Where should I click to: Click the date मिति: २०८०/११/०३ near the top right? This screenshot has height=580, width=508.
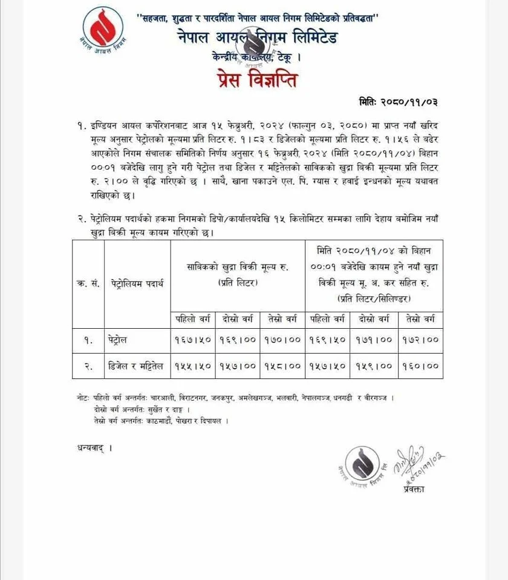point(402,102)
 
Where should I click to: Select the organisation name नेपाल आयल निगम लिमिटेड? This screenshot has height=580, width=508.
point(256,38)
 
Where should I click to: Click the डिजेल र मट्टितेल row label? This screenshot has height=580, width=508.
point(137,366)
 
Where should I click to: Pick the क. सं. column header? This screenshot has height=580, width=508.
point(88,283)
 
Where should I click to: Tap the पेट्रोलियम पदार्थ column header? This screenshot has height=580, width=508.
point(137,283)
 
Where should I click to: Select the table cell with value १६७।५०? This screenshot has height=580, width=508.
point(193,340)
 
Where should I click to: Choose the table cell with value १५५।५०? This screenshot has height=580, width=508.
point(193,366)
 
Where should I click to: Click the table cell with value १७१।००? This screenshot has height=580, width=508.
point(374,340)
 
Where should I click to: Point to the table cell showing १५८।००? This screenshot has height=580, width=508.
point(282,366)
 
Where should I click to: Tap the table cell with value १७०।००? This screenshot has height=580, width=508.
point(282,340)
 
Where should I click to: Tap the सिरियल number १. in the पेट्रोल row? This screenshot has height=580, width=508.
point(88,340)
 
